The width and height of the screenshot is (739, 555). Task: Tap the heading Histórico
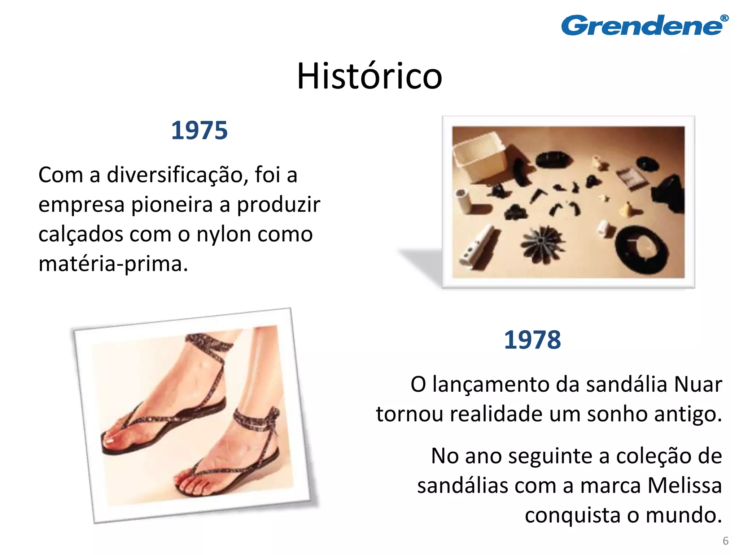pyautogui.click(x=369, y=76)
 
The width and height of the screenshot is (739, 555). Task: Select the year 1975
pyautogui.click(x=199, y=130)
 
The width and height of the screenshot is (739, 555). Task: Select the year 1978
pyautogui.click(x=532, y=340)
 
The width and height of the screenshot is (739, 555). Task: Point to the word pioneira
pyautogui.click(x=172, y=205)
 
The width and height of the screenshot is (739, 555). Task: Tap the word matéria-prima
pyautogui.click(x=113, y=264)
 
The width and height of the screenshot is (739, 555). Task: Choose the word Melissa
pyautogui.click(x=685, y=485)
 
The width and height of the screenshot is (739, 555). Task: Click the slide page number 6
pyautogui.click(x=725, y=541)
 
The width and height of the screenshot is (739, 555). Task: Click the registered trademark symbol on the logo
pyautogui.click(x=724, y=18)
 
